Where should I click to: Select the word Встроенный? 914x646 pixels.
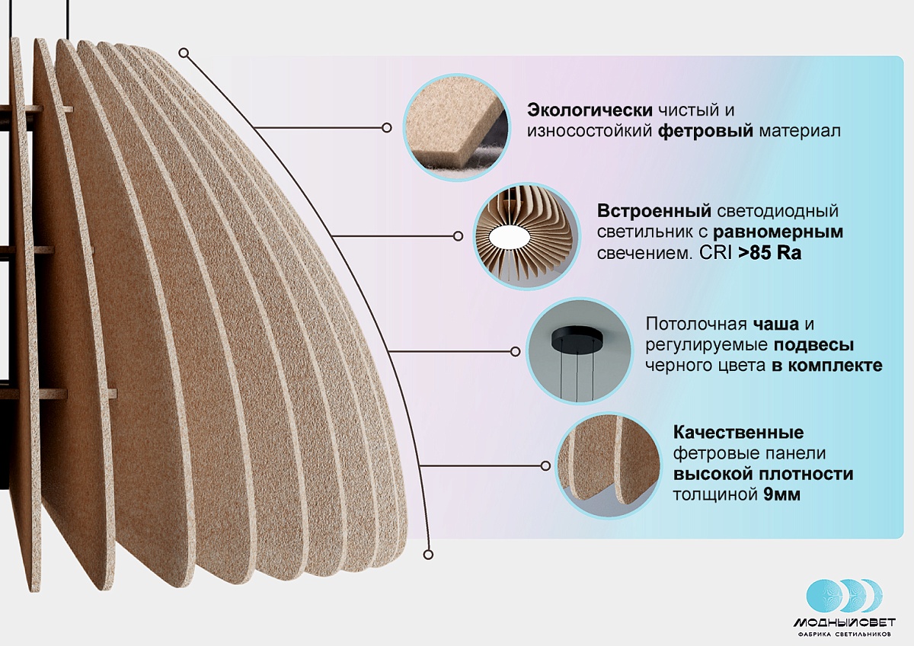[654, 211]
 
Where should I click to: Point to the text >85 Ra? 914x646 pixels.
[769, 253]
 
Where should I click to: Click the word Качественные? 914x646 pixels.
[739, 432]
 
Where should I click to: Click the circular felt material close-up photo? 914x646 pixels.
[457, 128]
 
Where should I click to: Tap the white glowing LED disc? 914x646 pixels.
[508, 237]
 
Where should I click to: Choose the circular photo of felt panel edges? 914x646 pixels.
[609, 465]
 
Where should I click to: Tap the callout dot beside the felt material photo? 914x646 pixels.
[386, 128]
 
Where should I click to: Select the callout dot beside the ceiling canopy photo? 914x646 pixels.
[516, 351]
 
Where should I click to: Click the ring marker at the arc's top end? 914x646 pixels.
[184, 53]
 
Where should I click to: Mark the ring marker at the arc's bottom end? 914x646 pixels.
[428, 554]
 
